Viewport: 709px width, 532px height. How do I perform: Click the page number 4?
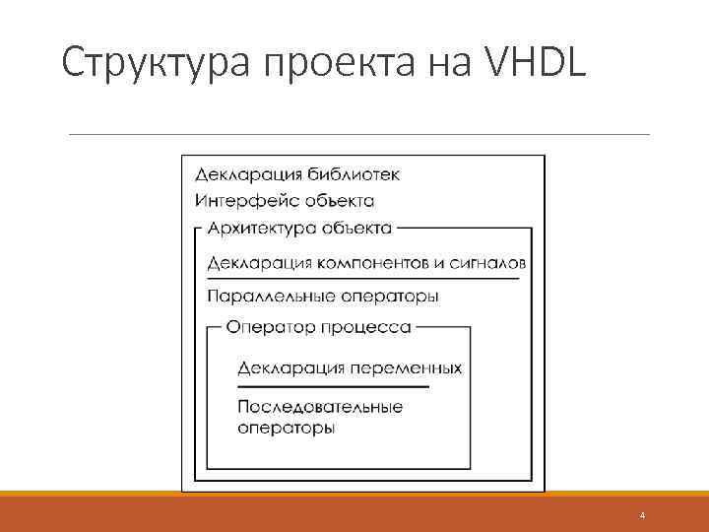coord(642,516)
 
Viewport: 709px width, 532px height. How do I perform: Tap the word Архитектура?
coord(261,229)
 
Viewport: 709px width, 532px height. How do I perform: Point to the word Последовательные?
coord(320,407)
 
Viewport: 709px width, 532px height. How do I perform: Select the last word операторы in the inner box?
coord(287,429)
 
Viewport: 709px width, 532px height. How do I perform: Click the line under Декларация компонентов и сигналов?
coord(364,280)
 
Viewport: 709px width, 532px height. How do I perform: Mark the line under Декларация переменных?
coord(334,386)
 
